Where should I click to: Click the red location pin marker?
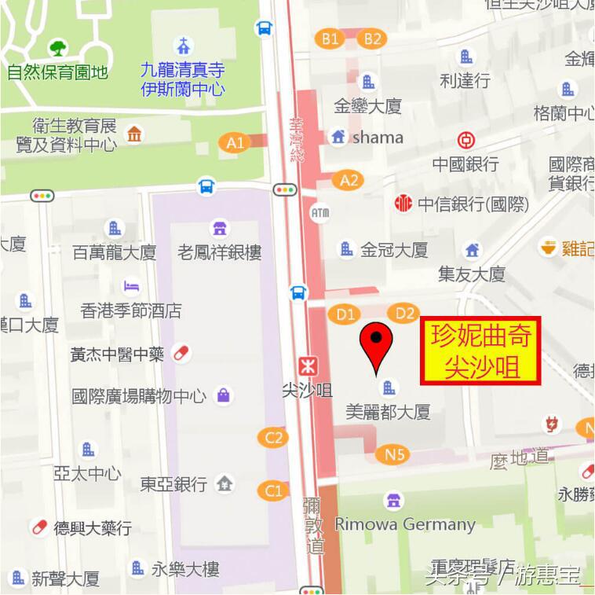pos(377,346)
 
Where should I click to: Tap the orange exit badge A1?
pos(235,142)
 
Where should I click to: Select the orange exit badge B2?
pos(372,38)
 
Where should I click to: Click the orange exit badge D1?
pos(346,314)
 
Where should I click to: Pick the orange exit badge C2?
pos(273,437)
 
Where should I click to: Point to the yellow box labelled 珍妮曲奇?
pos(481,351)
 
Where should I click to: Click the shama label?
pos(378,138)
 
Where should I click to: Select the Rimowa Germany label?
pos(405,523)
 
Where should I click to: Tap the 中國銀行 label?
pos(465,164)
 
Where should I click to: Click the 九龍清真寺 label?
pos(183,70)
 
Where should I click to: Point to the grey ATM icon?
pos(320,212)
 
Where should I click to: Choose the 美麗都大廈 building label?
pos(388,411)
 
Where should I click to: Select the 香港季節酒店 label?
pos(131,310)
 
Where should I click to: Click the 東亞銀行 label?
pos(173,483)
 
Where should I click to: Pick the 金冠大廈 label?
pos(394,250)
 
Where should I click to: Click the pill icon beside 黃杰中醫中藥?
pos(181,353)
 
